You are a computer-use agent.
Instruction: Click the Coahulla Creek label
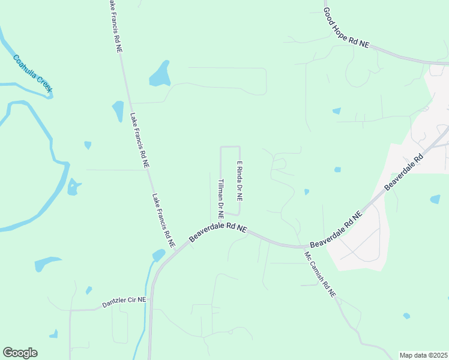coord(34,74)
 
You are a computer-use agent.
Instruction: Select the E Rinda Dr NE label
coord(239,181)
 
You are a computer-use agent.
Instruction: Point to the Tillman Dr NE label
coord(221,197)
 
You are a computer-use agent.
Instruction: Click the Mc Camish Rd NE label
coord(320,275)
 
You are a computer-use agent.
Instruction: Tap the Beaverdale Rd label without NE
coord(404,172)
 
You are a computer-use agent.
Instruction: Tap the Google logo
coord(20,353)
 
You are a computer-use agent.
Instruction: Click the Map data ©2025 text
coord(424,355)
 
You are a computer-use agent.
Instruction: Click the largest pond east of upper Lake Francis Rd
coord(160,74)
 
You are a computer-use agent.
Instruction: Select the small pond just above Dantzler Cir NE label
coord(89,290)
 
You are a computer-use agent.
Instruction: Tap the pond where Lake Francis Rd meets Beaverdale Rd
coord(158,255)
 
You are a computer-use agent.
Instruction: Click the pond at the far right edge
coord(435,199)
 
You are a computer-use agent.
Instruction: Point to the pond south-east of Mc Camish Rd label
coord(407,316)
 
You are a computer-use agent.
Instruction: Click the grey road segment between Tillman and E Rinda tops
coord(230,146)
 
